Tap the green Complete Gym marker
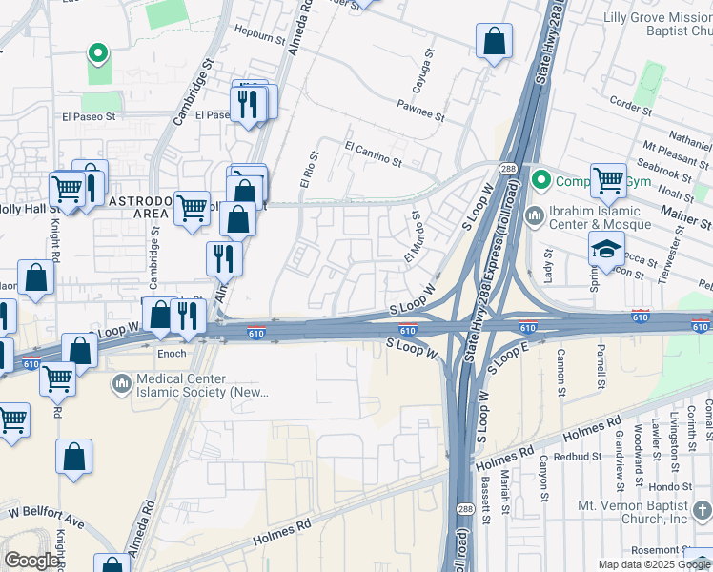pyautogui.click(x=541, y=179)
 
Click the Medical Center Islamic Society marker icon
pyautogui.click(x=121, y=384)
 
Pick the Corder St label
pyautogui.click(x=629, y=106)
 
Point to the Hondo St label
pyautogui.click(x=670, y=485)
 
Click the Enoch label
pyautogui.click(x=173, y=353)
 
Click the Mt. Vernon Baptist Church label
pyautogui.click(x=632, y=512)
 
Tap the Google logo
pyautogui.click(x=31, y=561)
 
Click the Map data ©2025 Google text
pyautogui.click(x=654, y=564)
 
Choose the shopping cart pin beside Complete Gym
pyautogui.click(x=608, y=179)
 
